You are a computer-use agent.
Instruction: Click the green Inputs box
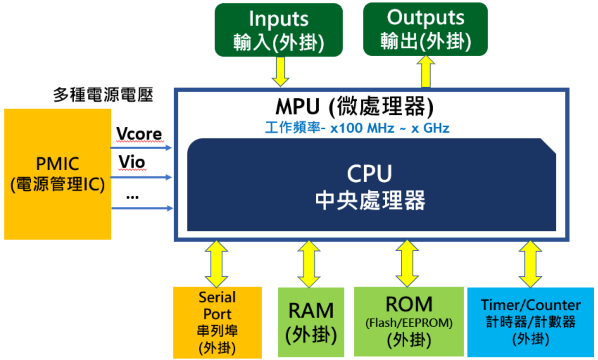[278, 30]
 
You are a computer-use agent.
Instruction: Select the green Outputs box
[425, 29]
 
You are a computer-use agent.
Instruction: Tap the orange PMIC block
[58, 174]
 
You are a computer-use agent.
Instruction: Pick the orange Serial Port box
[217, 322]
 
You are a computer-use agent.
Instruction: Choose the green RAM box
[311, 322]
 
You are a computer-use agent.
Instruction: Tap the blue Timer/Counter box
[530, 322]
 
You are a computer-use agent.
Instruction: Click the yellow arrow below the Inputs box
[281, 71]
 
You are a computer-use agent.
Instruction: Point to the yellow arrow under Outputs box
[426, 72]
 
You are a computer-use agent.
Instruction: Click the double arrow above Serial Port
[216, 264]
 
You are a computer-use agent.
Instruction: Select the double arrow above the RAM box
[309, 264]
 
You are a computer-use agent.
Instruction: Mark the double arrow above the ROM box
[407, 264]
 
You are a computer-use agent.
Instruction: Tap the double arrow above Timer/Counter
[530, 264]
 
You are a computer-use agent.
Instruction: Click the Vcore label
[139, 134]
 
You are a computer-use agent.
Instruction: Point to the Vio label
[132, 162]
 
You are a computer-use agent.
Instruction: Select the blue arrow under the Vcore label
[141, 148]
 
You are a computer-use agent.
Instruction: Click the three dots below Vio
[132, 197]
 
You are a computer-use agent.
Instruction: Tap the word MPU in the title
[297, 107]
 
